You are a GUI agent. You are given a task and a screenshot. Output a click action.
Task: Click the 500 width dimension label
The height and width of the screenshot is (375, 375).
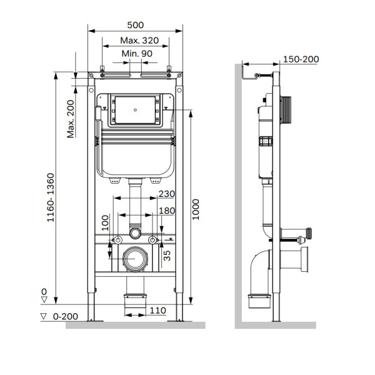[136, 25]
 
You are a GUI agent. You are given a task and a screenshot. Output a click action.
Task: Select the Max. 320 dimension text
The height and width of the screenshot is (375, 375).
[139, 41]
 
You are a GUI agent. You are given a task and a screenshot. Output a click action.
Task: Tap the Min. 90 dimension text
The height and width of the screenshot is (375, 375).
[137, 53]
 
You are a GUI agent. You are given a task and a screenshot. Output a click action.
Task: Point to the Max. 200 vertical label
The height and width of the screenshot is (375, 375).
[71, 119]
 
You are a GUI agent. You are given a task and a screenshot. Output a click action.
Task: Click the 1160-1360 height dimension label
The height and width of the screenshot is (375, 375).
[51, 197]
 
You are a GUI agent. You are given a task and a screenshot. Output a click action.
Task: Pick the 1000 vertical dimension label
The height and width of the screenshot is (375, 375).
[196, 209]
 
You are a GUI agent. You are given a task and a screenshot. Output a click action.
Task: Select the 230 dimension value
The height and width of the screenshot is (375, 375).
[167, 194]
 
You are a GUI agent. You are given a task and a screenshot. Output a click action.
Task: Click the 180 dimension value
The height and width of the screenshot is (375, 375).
[167, 211]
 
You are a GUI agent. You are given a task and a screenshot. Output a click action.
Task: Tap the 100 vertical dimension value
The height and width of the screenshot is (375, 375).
[105, 222]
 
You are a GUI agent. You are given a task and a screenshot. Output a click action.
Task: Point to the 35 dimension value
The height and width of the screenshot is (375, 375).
[167, 256]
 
